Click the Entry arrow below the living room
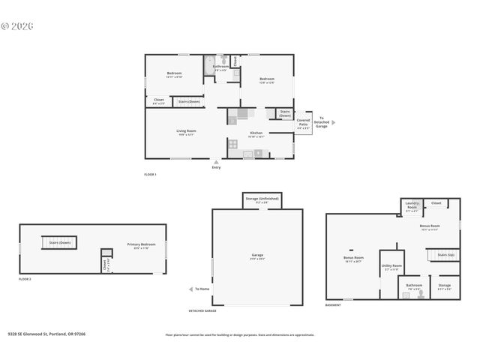(x=217, y=160)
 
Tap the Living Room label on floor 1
(x=186, y=132)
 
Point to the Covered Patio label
(x=303, y=123)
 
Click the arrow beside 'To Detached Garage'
(x=334, y=121)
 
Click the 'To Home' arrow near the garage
(x=190, y=289)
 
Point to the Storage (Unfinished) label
(x=261, y=199)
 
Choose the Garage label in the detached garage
(x=257, y=257)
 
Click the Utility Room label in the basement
(x=391, y=266)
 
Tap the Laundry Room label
(x=412, y=204)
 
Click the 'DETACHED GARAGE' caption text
(x=202, y=310)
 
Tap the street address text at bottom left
(x=46, y=334)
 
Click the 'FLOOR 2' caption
(x=25, y=279)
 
